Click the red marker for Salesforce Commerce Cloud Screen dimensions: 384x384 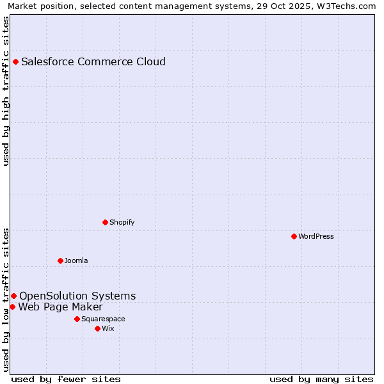[x=15, y=62]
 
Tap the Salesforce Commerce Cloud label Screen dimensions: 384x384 [x=93, y=62]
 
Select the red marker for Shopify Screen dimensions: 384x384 [x=105, y=222]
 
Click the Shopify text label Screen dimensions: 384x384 [x=122, y=222]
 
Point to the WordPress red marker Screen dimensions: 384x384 [x=294, y=236]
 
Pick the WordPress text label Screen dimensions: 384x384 [x=316, y=236]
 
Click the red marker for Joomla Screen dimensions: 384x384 [x=60, y=260]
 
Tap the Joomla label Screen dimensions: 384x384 [x=76, y=260]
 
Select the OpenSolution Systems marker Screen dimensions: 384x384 [x=13, y=296]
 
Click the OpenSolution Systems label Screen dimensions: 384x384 [x=77, y=296]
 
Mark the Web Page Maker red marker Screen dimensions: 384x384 [x=12, y=307]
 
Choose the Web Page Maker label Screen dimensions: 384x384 [x=60, y=307]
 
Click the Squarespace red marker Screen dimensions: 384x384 [x=77, y=319]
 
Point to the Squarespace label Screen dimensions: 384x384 [x=103, y=319]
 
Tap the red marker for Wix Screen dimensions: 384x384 [x=97, y=328]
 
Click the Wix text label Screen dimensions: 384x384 [x=108, y=328]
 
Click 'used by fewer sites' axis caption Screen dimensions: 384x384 [x=66, y=379]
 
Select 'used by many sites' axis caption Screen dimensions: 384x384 [x=321, y=379]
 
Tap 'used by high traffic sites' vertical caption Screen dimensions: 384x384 [x=6, y=91]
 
